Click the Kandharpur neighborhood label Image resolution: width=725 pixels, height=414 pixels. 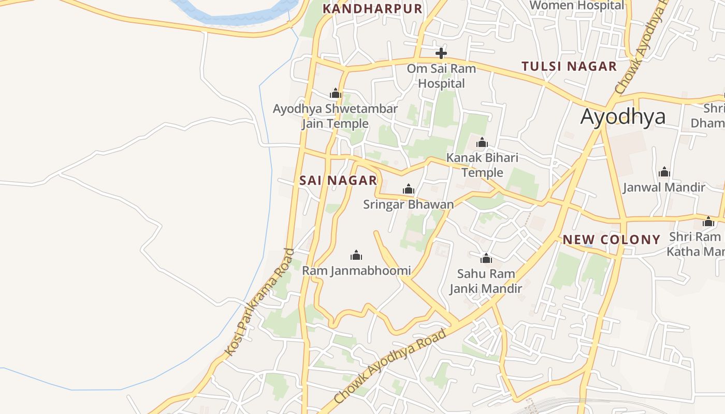372,9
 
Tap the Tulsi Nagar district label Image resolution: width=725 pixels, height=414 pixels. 569,66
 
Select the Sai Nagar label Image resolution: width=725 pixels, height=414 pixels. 338,181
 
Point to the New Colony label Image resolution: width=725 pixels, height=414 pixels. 611,240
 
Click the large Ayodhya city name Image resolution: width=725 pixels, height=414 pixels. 622,117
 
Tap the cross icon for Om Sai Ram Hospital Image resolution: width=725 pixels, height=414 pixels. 441,53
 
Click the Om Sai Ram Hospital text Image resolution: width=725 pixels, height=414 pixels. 441,76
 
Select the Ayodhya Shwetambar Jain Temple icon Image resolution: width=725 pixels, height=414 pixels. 336,94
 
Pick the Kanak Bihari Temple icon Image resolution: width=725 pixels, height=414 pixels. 482,142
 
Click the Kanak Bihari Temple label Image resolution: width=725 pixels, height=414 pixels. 482,165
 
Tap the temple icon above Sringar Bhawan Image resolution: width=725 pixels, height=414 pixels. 409,189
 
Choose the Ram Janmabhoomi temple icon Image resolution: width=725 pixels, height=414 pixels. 356,255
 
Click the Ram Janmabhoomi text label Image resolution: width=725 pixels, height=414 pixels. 356,271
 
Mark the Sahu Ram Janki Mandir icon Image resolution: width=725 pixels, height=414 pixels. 486,258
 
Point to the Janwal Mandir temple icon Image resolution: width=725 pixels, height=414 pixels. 664,172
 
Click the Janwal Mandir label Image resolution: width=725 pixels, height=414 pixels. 664,187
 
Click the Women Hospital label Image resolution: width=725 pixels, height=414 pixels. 577,5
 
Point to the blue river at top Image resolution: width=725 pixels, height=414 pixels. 233,16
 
